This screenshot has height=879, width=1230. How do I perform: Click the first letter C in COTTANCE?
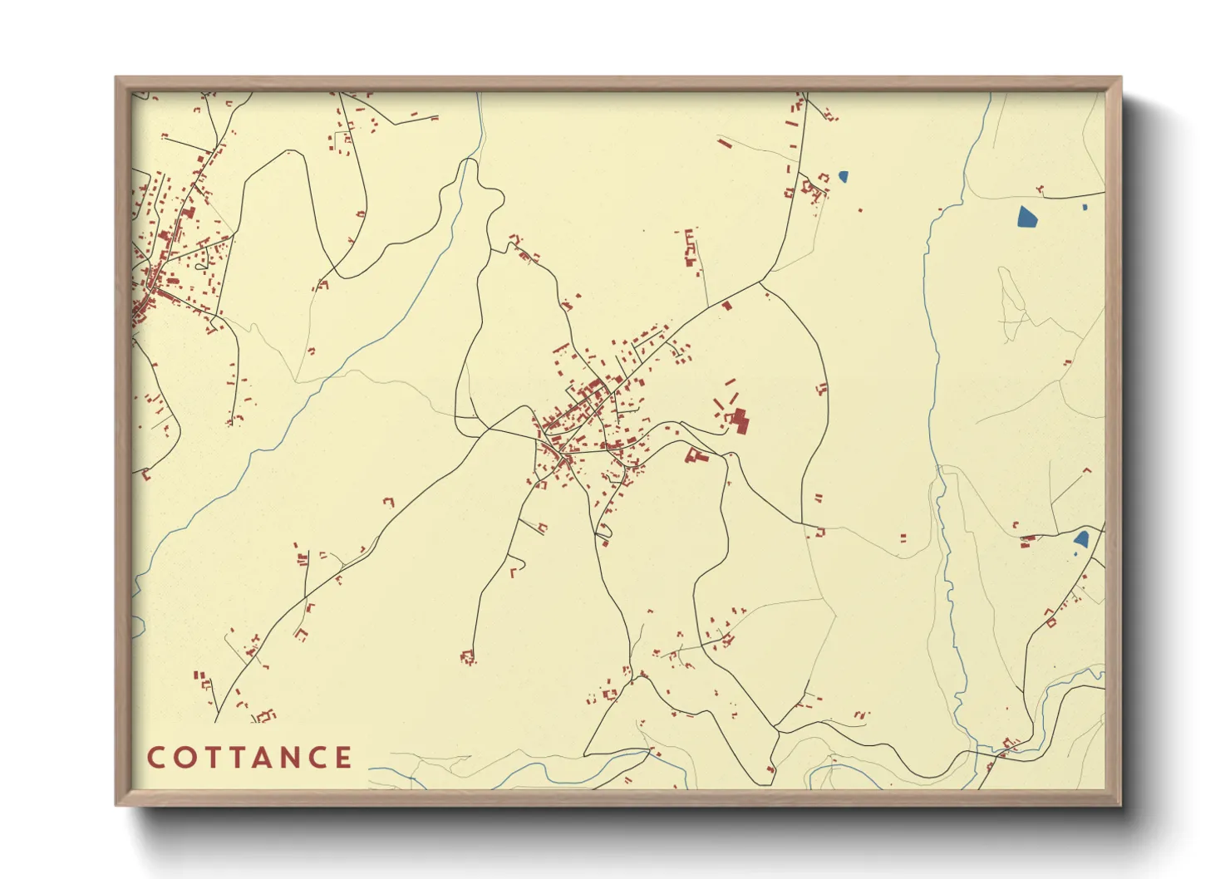pos(155,758)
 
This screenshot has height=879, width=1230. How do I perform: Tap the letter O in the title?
pos(183,758)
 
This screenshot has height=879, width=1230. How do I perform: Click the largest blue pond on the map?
pos(1027,216)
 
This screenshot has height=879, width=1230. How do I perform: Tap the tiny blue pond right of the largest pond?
pos(1085,207)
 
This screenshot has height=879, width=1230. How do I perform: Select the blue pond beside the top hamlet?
pos(844,176)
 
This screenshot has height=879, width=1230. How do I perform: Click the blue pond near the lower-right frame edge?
pos(1081,539)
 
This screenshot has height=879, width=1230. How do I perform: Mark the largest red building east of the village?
pos(740,420)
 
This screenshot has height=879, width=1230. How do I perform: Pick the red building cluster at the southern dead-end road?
pos(468,658)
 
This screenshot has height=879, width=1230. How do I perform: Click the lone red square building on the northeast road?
pos(727,306)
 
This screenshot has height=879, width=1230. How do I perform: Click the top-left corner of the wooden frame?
pos(117,78)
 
